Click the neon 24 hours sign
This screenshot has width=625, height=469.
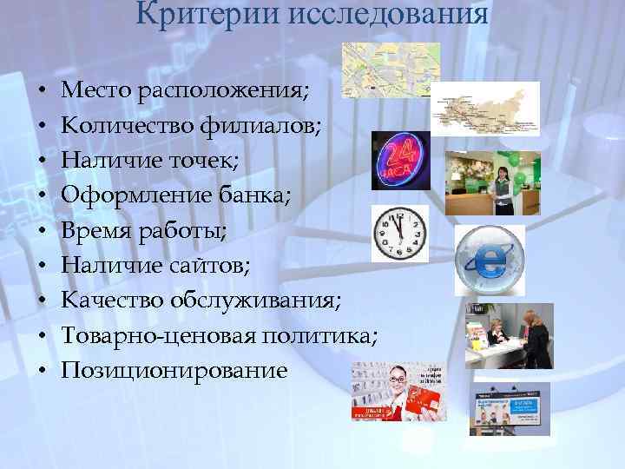point(400,162)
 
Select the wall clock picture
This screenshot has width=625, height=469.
point(400,234)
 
